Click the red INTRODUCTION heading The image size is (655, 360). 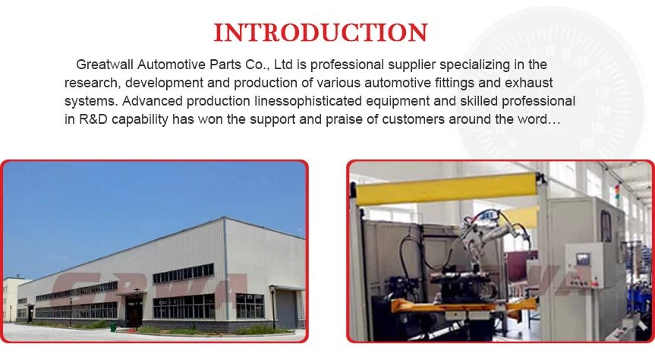coord(320,33)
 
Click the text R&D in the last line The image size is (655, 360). coord(93,119)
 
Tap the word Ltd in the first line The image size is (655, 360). coord(284,65)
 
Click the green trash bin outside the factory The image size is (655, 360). coord(113,327)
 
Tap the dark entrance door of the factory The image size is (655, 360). coord(134,311)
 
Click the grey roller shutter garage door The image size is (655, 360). coord(285,309)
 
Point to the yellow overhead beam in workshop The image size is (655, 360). coord(446,189)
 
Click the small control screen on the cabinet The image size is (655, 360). coord(583,259)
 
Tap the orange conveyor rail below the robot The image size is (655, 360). coord(464,306)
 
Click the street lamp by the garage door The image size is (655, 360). coord(272,308)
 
